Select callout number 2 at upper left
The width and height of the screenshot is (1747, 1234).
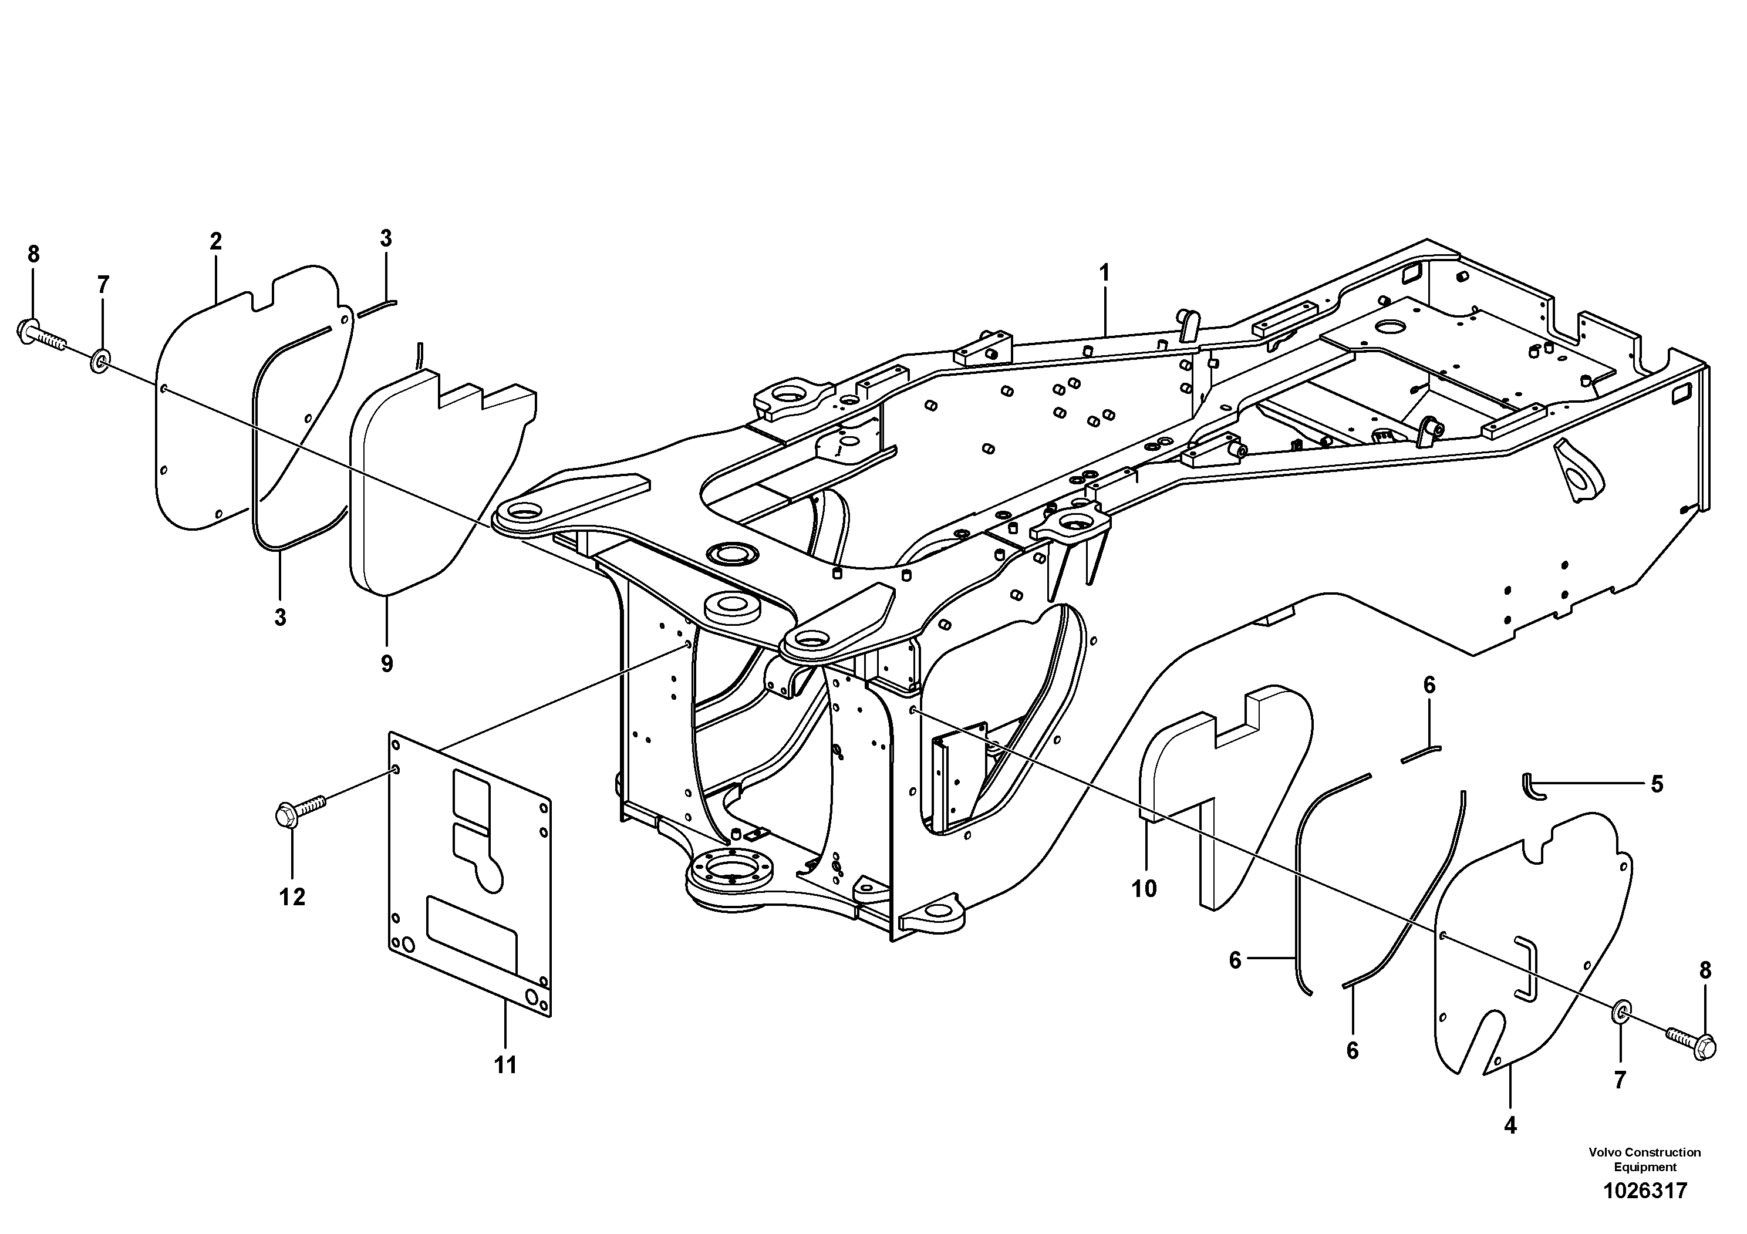point(216,242)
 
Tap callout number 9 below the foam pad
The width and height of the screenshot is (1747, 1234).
point(386,663)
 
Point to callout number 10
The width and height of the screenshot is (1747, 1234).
point(1144,889)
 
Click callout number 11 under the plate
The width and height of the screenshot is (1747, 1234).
point(505,1065)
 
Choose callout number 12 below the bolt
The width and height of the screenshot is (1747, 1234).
point(292,898)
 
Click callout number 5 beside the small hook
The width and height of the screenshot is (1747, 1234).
point(1657,784)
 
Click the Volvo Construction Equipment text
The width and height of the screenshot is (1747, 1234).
point(1644,1159)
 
